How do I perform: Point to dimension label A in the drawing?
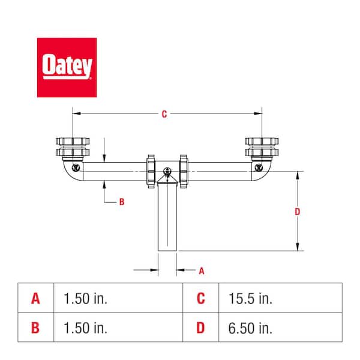click(x=202, y=271)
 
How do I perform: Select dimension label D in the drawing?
click(x=298, y=211)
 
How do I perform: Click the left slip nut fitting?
click(x=73, y=147)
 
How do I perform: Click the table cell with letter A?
click(x=36, y=298)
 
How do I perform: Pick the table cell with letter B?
click(x=36, y=328)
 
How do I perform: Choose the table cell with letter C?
click(x=201, y=298)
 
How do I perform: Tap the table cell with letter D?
click(x=201, y=328)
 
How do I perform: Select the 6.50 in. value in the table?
click(x=250, y=328)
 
